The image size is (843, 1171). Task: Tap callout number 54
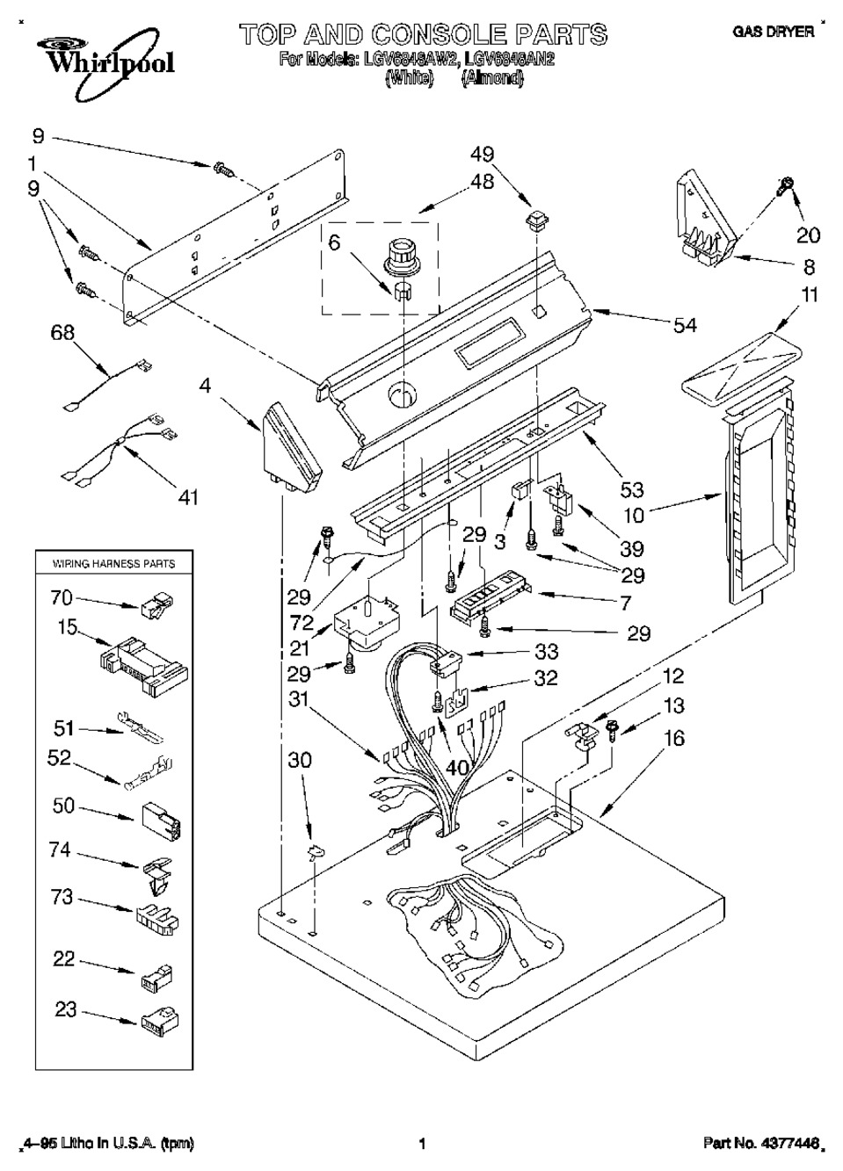(x=684, y=326)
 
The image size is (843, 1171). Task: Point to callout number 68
(x=62, y=332)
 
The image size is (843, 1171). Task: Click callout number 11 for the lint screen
(x=809, y=294)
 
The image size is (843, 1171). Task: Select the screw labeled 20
(x=784, y=186)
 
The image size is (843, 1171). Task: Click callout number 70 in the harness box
(x=62, y=598)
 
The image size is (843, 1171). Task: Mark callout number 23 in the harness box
(x=66, y=1009)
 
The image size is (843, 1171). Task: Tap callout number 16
(x=674, y=739)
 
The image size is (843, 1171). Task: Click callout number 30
(x=300, y=760)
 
